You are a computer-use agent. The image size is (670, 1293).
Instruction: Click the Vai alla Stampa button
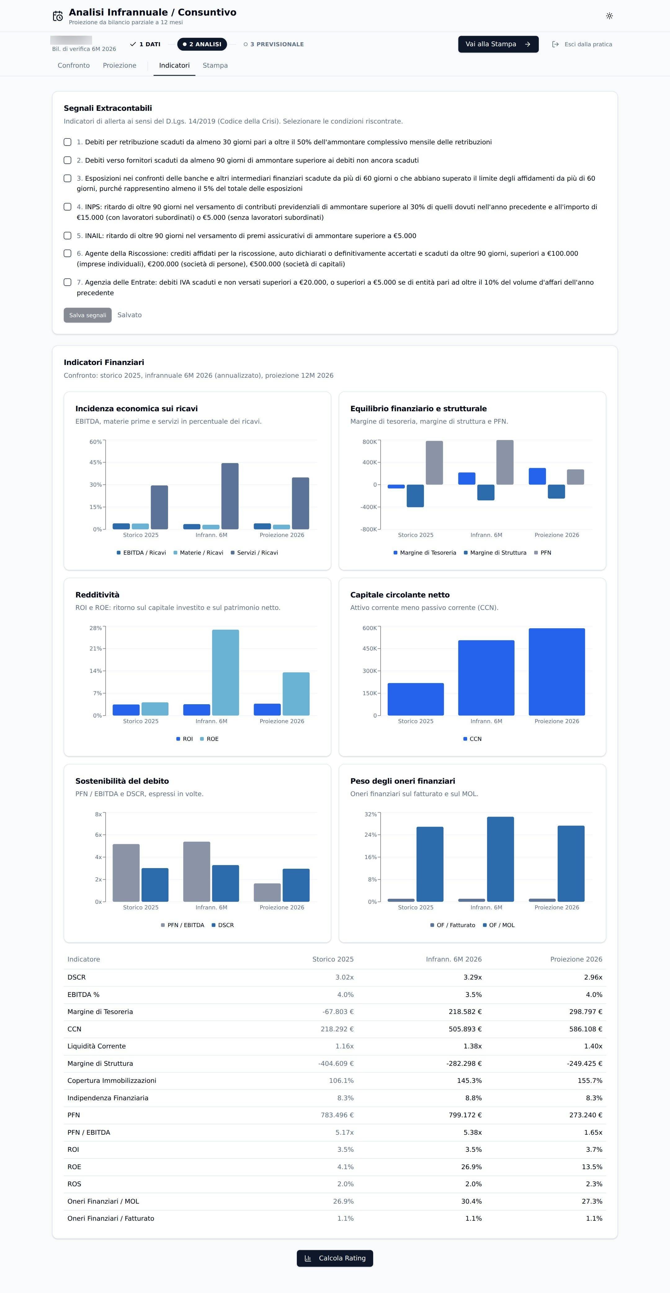click(498, 44)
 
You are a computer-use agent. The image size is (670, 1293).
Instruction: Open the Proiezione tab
click(119, 65)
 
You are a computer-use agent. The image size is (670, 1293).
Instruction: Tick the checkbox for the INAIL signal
click(68, 235)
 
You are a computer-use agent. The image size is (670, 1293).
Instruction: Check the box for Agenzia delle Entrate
click(68, 282)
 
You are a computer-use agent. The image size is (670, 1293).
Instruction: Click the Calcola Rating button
click(335, 1258)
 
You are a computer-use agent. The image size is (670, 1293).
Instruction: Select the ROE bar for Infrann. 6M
click(226, 673)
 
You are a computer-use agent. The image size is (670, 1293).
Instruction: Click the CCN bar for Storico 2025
click(416, 699)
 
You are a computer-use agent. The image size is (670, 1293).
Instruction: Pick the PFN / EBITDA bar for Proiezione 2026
click(267, 892)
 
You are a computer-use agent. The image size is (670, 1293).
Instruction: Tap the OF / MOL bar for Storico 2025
click(430, 864)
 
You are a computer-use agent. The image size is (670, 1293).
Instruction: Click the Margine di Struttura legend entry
click(495, 553)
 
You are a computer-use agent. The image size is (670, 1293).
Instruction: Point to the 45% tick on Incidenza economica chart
click(95, 462)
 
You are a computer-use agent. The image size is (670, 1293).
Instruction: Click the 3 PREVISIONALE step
click(274, 44)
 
